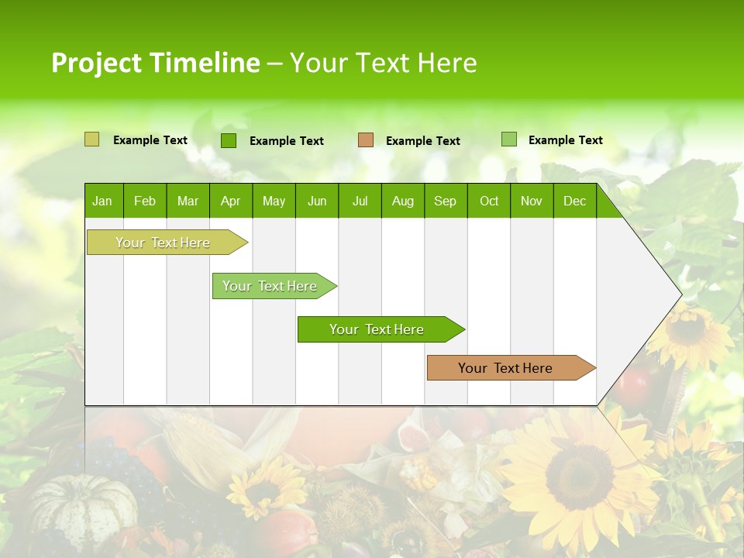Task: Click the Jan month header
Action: click(x=102, y=201)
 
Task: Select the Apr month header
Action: click(x=230, y=201)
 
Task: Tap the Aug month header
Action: click(x=402, y=201)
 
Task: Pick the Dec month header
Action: click(x=574, y=201)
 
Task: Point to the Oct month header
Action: click(x=488, y=201)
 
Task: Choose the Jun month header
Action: click(x=316, y=201)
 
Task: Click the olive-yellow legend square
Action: click(x=91, y=139)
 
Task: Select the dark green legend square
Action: click(x=228, y=140)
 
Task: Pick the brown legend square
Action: click(x=366, y=140)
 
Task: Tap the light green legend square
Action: click(x=508, y=139)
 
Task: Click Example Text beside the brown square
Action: click(x=422, y=141)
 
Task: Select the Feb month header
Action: click(x=144, y=201)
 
